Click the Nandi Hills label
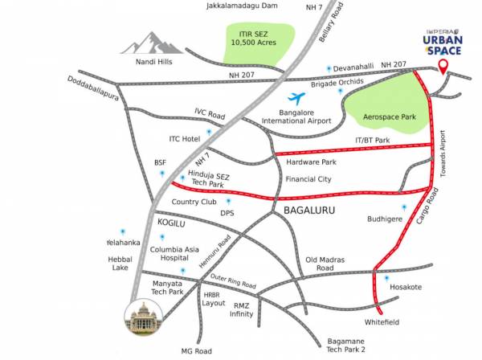(x=142, y=60)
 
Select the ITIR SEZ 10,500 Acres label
(x=254, y=37)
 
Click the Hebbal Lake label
(x=120, y=264)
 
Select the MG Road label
(x=197, y=351)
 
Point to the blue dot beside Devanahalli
(x=329, y=70)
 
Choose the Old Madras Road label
(x=325, y=264)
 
